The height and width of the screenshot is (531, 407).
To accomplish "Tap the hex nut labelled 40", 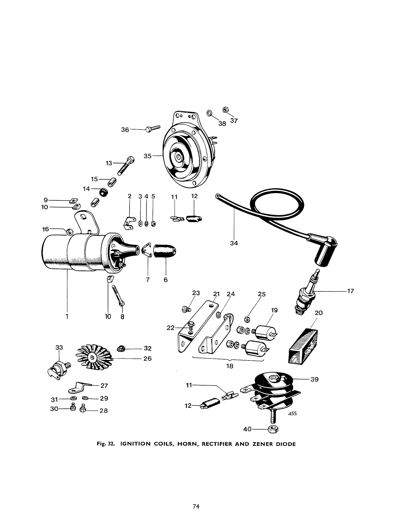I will coord(273,429).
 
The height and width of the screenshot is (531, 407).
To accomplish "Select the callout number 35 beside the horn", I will coord(147,156).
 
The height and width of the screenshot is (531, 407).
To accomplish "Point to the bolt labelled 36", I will coord(153,128).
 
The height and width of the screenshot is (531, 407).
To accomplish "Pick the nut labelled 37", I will coord(225,110).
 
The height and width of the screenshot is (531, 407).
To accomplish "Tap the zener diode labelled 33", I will coord(59,368).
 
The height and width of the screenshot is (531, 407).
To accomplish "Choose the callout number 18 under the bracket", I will coord(229,366).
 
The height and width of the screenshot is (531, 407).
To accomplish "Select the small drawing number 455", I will coord(292,414).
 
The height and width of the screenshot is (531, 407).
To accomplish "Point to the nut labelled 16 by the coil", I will coord(70,231).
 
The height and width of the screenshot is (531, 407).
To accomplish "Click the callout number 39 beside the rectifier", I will coord(314,379).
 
